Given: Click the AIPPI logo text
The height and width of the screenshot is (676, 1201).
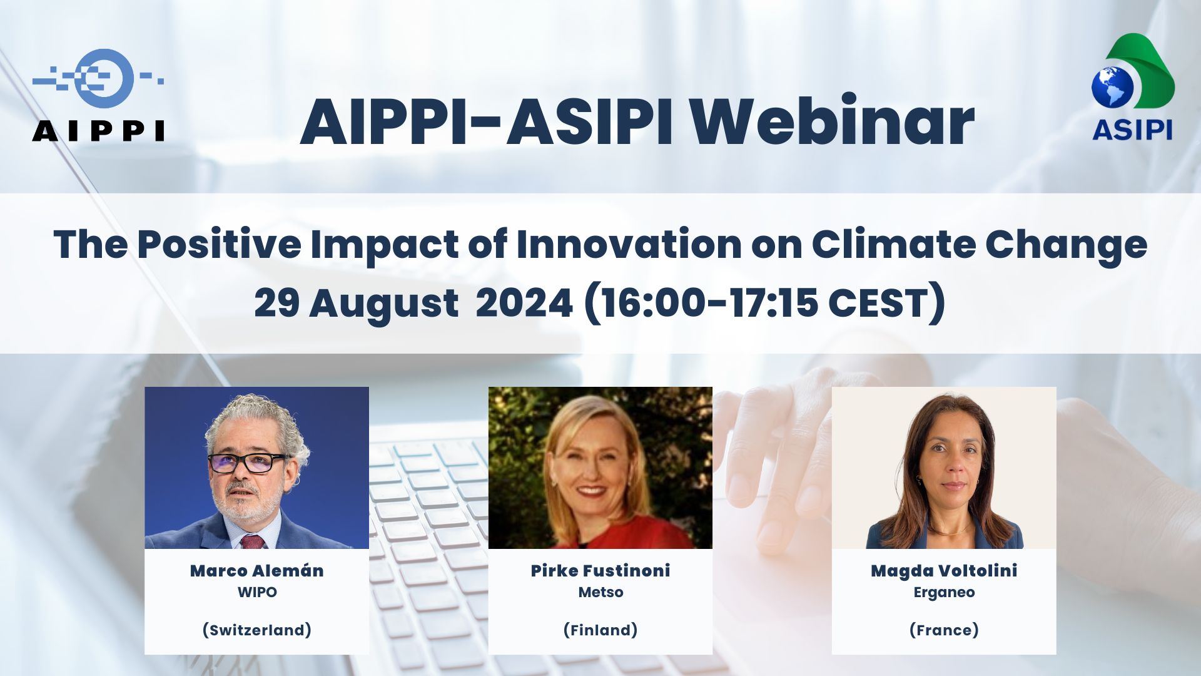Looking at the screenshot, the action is pyautogui.click(x=98, y=131).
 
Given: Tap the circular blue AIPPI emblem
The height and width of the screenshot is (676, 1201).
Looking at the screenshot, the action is pyautogui.click(x=104, y=78).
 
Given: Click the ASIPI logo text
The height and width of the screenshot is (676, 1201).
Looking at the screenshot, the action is pyautogui.click(x=1132, y=130).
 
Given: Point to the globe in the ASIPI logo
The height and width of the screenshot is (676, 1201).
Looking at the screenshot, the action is pyautogui.click(x=1113, y=87).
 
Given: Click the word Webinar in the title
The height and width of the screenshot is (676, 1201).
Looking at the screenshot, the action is pyautogui.click(x=832, y=121).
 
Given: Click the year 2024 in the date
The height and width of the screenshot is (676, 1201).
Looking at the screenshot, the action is pyautogui.click(x=524, y=304).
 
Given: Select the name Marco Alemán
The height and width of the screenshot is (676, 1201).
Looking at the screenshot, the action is pyautogui.click(x=257, y=571).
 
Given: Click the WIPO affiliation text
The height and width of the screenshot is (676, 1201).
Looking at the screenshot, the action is pyautogui.click(x=257, y=592).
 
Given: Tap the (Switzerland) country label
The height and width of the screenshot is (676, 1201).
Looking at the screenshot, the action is pyautogui.click(x=257, y=630).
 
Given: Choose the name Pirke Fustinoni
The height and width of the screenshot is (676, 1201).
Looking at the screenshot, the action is pyautogui.click(x=600, y=571).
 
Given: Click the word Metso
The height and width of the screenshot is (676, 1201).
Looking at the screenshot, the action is pyautogui.click(x=600, y=592).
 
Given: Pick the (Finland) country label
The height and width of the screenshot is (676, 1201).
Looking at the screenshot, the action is pyautogui.click(x=600, y=630).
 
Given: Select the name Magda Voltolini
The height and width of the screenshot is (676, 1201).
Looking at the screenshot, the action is pyautogui.click(x=944, y=571).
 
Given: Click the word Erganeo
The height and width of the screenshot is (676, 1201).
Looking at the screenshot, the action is pyautogui.click(x=944, y=593).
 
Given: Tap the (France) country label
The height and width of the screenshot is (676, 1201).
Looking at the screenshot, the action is pyautogui.click(x=944, y=630).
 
